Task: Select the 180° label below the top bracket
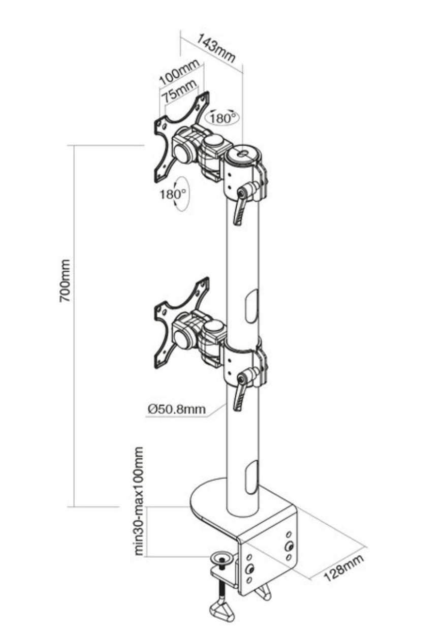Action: click(173, 194)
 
